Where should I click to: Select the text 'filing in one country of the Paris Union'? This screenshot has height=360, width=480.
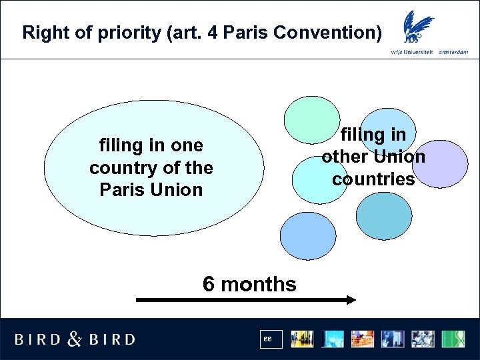(x=151, y=167)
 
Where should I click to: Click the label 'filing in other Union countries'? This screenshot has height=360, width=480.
(x=373, y=157)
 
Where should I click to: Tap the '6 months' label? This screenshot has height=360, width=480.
(x=249, y=285)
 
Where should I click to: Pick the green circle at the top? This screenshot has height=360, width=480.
(x=311, y=121)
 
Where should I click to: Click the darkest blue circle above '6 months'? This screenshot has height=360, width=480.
(x=308, y=236)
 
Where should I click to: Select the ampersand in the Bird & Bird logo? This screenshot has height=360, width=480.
(x=74, y=339)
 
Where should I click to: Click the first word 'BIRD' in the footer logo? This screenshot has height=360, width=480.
(x=38, y=339)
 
